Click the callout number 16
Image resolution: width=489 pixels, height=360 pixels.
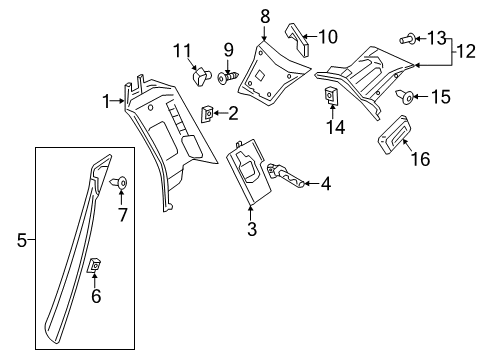(421, 158)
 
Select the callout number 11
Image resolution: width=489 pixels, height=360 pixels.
(182, 51)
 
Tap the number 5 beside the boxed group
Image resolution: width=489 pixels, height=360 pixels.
(22, 240)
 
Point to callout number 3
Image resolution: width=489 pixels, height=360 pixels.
(252, 229)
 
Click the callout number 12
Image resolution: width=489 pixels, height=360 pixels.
(466, 52)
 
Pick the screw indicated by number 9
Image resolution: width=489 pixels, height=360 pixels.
(229, 78)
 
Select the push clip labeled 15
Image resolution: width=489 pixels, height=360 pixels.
(405, 97)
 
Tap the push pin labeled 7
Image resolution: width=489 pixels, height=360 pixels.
(119, 183)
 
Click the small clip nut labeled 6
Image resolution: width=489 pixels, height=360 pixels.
(94, 265)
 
